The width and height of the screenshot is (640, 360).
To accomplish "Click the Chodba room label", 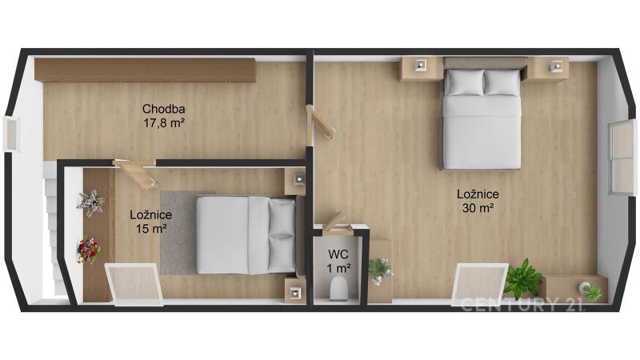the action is coord(164,109).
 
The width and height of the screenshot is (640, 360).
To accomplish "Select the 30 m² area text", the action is coord(478,208).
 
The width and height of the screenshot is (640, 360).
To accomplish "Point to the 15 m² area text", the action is coord(151,229).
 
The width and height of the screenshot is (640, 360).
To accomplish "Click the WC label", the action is coord(338,254).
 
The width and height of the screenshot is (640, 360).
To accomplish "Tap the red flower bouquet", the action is coord(89,250).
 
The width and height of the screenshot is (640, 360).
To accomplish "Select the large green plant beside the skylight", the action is coord(523,278).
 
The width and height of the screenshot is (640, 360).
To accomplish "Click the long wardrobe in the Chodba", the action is coord(145,70).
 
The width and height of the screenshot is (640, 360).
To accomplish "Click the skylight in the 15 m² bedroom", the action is coord(134,284).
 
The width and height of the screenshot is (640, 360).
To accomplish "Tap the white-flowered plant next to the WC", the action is coord(381,270).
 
